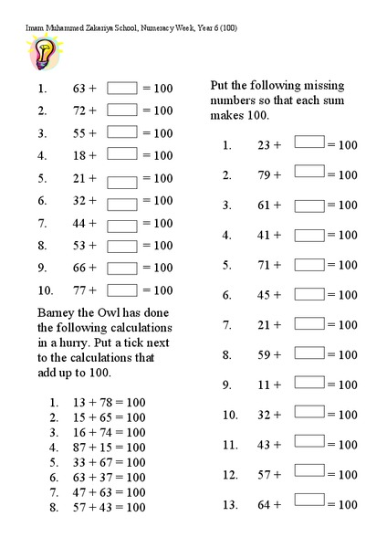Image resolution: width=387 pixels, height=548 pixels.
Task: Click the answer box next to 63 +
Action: (122, 89)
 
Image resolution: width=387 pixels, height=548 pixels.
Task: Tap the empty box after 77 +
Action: (122, 290)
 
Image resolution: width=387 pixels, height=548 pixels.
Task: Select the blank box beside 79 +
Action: (309, 174)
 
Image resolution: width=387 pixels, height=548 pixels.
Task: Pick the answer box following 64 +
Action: (309, 502)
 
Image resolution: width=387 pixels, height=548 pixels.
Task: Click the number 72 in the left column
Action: (80, 111)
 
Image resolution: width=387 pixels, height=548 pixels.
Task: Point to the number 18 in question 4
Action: (80, 156)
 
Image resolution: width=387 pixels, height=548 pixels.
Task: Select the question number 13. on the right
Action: (229, 504)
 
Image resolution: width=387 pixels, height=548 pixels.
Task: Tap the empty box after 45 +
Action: (309, 293)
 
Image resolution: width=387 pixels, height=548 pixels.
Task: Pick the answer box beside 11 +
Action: (309, 384)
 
